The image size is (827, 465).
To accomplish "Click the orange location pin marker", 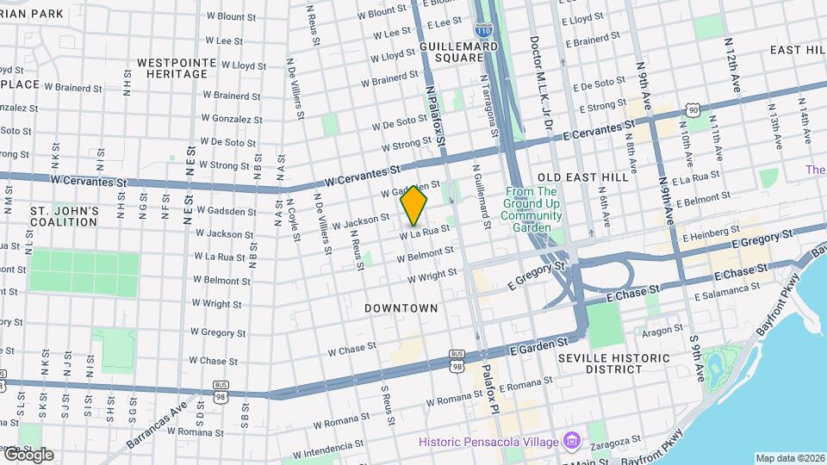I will pyautogui.click(x=414, y=205).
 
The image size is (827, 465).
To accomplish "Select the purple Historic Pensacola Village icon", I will pyautogui.click(x=571, y=442).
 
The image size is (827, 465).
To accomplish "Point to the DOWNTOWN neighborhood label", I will pyautogui.click(x=401, y=307).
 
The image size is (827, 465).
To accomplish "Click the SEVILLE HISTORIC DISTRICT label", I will pyautogui.click(x=613, y=363).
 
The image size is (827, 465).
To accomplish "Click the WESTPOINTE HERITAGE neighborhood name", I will pyautogui.click(x=172, y=68).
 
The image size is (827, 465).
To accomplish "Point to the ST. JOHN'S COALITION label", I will pyautogui.click(x=65, y=216).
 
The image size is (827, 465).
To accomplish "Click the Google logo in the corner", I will pyautogui.click(x=28, y=455).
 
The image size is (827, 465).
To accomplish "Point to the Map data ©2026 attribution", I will pyautogui.click(x=790, y=458).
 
